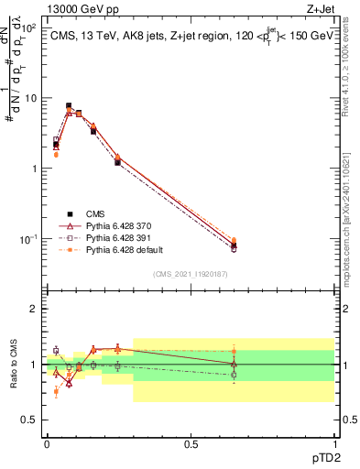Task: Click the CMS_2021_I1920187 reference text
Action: coord(190,274)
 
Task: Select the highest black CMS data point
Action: coord(69,106)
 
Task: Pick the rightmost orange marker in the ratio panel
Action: coord(234,350)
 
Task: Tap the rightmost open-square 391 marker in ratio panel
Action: coord(234,374)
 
